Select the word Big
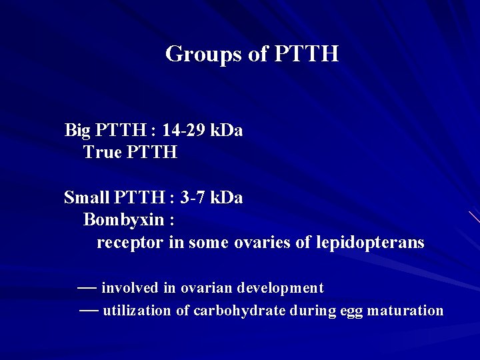point(78,130)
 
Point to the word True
point(103,153)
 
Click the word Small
point(87,198)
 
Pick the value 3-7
point(192,198)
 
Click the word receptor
point(129,243)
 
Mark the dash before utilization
point(89,310)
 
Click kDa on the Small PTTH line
point(226,198)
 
